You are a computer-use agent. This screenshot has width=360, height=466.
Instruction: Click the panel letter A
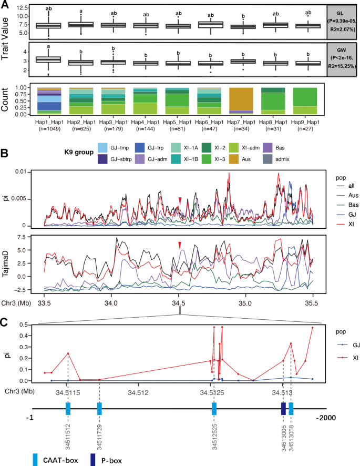(x=5, y=5)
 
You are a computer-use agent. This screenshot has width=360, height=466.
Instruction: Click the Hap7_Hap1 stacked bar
(x=243, y=101)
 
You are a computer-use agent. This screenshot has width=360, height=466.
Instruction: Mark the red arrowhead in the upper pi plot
(x=180, y=199)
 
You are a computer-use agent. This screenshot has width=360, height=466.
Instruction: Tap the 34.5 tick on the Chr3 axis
(x=179, y=304)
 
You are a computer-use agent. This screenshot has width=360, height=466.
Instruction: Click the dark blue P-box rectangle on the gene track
(x=283, y=409)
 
